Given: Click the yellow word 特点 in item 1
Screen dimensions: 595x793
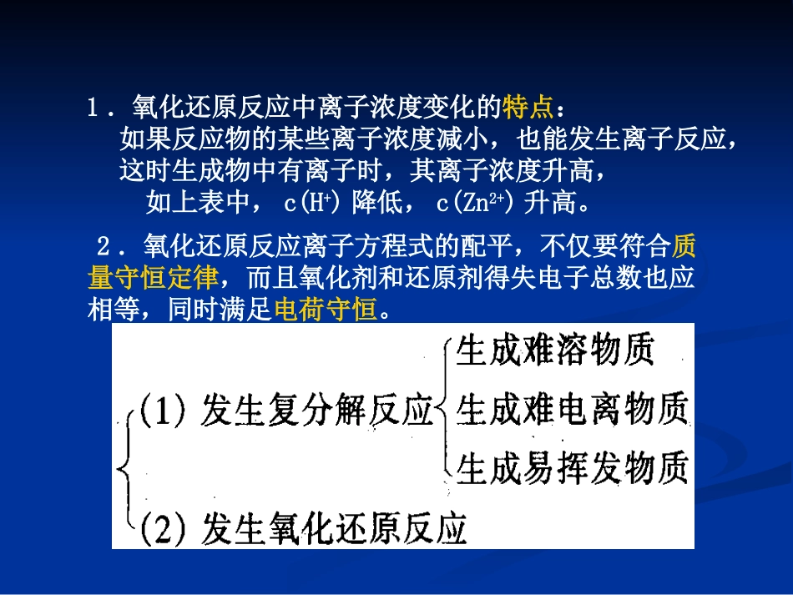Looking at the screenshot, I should [528, 108].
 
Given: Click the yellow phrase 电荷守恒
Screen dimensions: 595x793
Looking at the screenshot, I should [326, 310].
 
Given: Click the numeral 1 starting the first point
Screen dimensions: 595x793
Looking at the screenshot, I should [93, 108].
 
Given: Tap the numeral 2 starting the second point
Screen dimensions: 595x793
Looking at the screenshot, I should [104, 246].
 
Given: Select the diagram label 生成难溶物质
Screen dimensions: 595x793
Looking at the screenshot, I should [555, 351].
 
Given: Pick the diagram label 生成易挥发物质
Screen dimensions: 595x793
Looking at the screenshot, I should [573, 468].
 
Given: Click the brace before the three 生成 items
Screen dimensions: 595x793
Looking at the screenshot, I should [445, 410].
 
